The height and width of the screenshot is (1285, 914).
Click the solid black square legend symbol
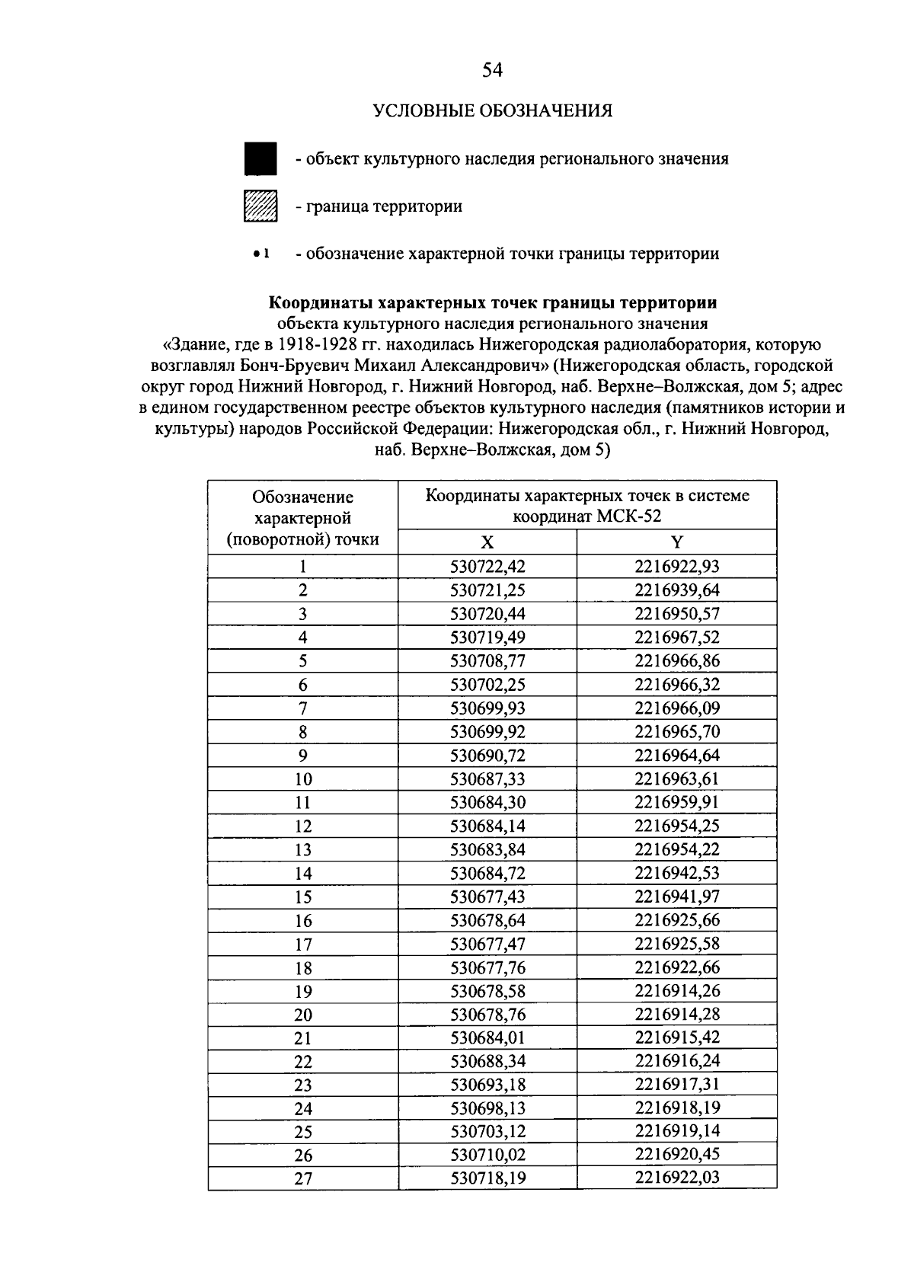tap(260, 158)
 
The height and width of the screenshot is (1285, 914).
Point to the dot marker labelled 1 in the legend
tap(257, 253)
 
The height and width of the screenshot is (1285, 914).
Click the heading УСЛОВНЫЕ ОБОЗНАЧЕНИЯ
tap(492, 111)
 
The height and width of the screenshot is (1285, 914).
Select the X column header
tap(487, 542)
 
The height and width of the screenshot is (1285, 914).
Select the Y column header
tap(676, 542)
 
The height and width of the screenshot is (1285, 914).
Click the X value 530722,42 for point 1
tap(487, 567)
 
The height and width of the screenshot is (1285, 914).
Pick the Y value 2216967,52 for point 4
tap(676, 638)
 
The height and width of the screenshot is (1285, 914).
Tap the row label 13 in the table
tap(303, 850)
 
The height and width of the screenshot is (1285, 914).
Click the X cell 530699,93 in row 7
tap(487, 708)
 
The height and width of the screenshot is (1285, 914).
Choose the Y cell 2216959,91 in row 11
tap(676, 802)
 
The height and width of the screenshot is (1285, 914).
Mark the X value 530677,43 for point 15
tap(487, 897)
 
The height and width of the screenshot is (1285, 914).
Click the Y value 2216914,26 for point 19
tap(676, 991)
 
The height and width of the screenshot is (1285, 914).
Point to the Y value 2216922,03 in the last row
tap(676, 1178)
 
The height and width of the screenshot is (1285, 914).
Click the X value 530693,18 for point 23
tap(487, 1085)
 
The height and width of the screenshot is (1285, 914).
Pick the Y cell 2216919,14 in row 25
tap(676, 1131)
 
